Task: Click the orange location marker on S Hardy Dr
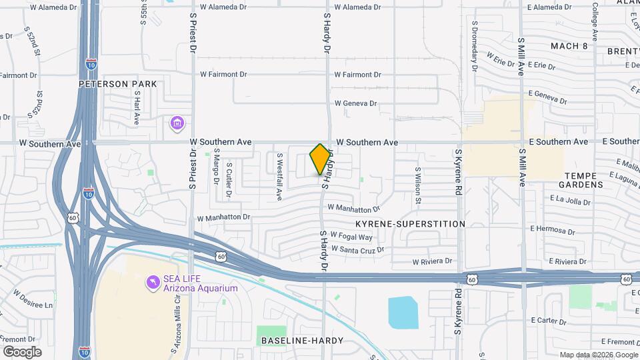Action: pos(321,159)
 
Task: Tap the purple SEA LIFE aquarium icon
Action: pos(153,283)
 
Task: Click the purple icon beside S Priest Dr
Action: pos(177,123)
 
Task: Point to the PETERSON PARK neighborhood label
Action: pos(117,84)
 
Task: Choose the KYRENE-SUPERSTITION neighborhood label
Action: pos(410,224)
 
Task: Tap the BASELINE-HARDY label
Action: pos(302,341)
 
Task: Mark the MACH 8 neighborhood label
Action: pos(569,46)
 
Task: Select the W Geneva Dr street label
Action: pos(355,103)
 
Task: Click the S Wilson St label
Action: pos(418,185)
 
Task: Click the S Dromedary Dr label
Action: pos(475,53)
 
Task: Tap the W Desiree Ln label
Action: pos(32,300)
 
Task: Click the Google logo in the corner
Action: pos(22,351)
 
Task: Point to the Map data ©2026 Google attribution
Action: pos(599,355)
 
